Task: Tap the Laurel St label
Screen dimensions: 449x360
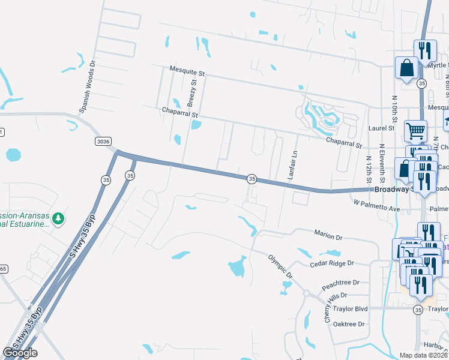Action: (x=382, y=128)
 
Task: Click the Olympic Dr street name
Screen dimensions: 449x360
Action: (x=280, y=265)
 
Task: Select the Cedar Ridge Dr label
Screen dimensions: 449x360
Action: (x=332, y=263)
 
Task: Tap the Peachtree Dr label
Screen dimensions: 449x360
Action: (x=340, y=281)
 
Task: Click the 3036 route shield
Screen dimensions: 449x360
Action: (x=103, y=141)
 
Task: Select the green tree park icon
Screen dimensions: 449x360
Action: (x=58, y=218)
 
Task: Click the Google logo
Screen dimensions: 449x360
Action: (x=20, y=352)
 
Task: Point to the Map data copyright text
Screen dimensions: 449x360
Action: (x=424, y=355)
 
